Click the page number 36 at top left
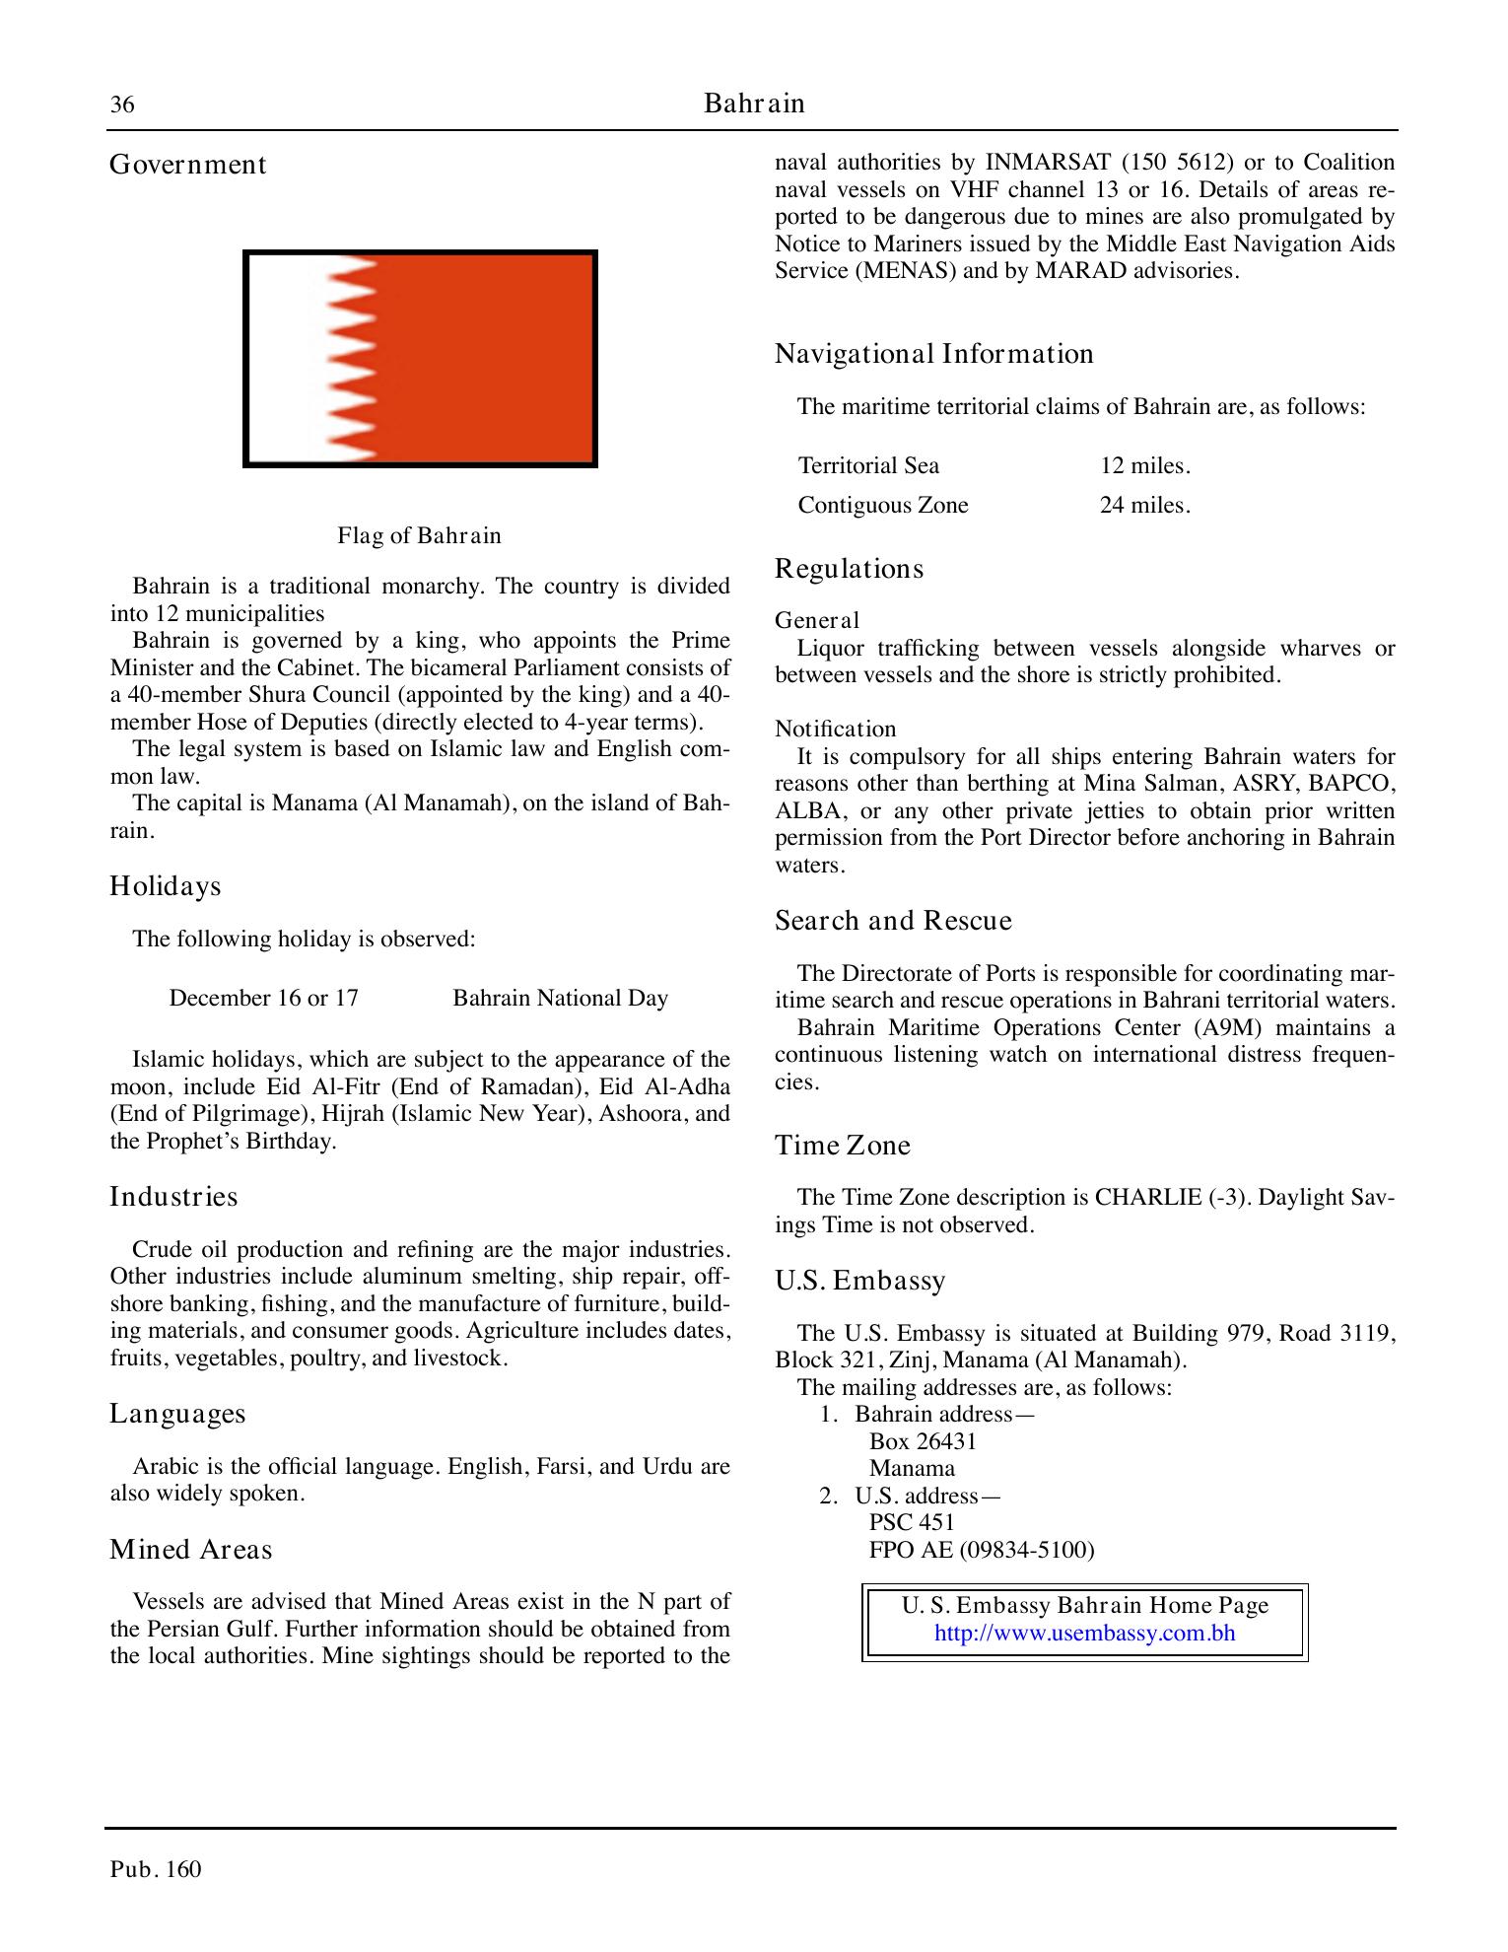pyautogui.click(x=122, y=105)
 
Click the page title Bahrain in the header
pyautogui.click(x=754, y=104)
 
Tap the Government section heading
pyautogui.click(x=187, y=165)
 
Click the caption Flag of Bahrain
pyautogui.click(x=419, y=536)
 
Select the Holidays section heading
pyautogui.click(x=165, y=886)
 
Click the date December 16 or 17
pyautogui.click(x=263, y=998)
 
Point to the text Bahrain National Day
pyautogui.click(x=560, y=998)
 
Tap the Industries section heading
pyautogui.click(x=173, y=1197)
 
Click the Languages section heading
pyautogui.click(x=177, y=1414)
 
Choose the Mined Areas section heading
pyautogui.click(x=190, y=1550)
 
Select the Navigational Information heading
pyautogui.click(x=933, y=354)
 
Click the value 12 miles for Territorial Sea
pyautogui.click(x=1144, y=465)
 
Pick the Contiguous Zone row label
pyautogui.click(x=882, y=505)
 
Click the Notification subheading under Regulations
pyautogui.click(x=835, y=729)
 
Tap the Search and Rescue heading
pyautogui.click(x=893, y=921)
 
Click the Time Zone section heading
pyautogui.click(x=842, y=1146)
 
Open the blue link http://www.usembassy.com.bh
pyautogui.click(x=1084, y=1633)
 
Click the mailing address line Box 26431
pyautogui.click(x=923, y=1441)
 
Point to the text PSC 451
pyautogui.click(x=912, y=1522)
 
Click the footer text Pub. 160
pyautogui.click(x=156, y=1869)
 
